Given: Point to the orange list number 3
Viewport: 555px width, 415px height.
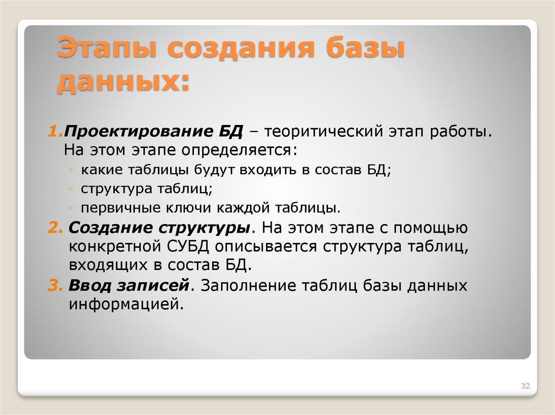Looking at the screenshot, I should tap(56, 285).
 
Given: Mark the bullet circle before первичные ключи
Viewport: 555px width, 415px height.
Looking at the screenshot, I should tap(72, 208).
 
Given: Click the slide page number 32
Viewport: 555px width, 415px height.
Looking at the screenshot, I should tap(525, 386).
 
